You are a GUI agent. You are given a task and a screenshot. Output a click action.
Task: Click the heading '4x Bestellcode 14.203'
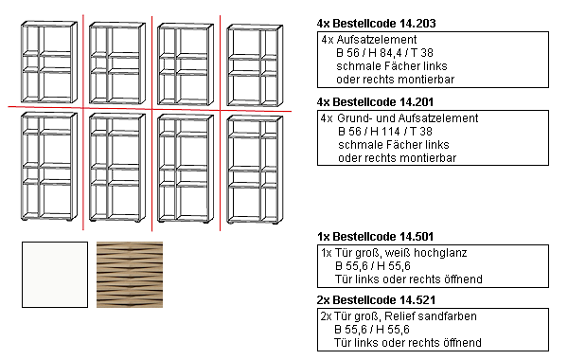coord(376,23)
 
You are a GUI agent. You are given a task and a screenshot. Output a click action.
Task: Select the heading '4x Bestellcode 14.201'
coord(375,102)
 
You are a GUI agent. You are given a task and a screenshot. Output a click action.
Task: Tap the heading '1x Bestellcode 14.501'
coord(375,237)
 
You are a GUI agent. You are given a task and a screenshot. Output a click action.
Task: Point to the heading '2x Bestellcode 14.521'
coord(376,300)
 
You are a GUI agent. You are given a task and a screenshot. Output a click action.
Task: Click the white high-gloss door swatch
coord(55,275)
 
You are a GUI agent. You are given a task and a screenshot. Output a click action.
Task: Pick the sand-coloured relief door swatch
coord(130,275)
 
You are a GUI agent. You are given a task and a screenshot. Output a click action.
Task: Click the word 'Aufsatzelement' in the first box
coord(377,40)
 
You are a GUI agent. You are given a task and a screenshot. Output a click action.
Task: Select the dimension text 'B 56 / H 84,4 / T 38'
coord(384,53)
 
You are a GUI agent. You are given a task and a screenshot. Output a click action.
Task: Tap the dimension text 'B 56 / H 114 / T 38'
coord(385,132)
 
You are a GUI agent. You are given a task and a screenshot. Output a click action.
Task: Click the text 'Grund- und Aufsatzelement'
coord(407,118)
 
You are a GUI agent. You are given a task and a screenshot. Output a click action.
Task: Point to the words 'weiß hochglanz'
coord(426,253)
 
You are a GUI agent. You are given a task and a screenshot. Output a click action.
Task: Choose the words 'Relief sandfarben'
coord(431,316)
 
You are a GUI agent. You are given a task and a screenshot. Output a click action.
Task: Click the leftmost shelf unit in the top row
coord(49,62)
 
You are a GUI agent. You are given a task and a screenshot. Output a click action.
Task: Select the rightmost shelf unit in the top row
coord(255,65)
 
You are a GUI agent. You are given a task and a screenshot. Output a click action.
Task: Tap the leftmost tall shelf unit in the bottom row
coord(49,167)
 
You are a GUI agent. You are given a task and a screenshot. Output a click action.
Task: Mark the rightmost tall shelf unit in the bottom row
coord(255,170)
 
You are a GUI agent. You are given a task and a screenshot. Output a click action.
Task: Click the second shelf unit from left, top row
coord(117,63)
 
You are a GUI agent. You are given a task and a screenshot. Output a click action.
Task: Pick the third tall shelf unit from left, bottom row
coord(186,169)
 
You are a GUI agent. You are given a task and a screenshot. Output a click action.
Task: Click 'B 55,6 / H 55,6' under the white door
coord(373,266)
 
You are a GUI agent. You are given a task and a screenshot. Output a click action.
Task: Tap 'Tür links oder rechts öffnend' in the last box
coord(408,343)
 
